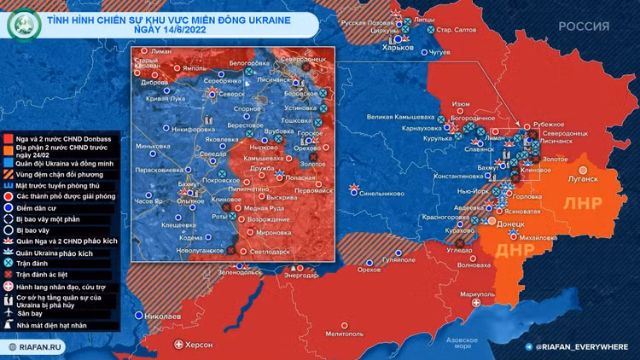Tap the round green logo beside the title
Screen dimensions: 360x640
pos(20,25)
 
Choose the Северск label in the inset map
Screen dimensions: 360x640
pos(231,95)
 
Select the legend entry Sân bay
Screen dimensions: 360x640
pos(32,314)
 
